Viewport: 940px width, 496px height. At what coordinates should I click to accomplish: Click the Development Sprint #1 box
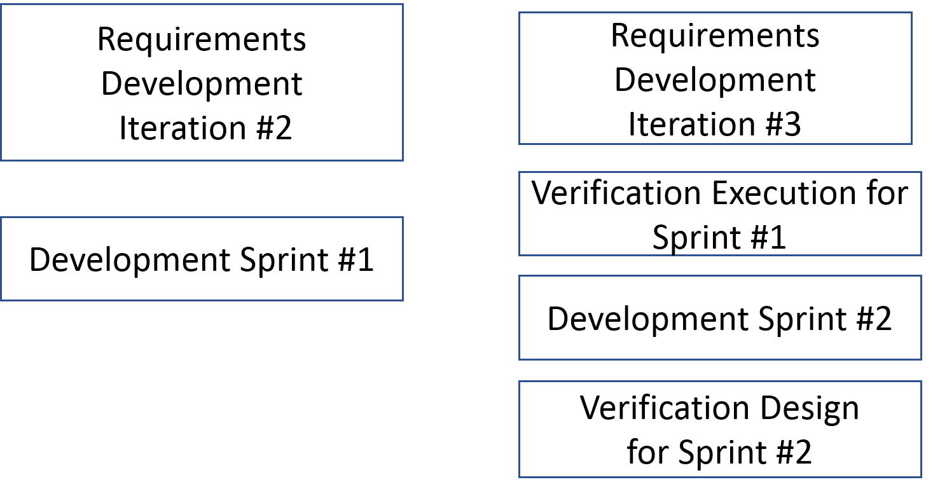(x=202, y=259)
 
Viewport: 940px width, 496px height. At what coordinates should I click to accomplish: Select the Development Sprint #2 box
(x=720, y=318)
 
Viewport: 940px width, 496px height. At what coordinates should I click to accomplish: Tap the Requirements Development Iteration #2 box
(x=202, y=82)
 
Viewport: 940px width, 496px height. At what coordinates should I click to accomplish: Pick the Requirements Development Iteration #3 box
(x=715, y=78)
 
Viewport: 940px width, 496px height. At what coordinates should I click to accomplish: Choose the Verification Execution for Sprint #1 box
(x=720, y=214)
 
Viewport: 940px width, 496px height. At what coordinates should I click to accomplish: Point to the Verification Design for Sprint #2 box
(x=720, y=429)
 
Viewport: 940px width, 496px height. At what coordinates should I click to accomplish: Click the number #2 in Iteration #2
(x=273, y=128)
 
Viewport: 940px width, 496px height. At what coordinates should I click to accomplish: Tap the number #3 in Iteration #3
(x=783, y=124)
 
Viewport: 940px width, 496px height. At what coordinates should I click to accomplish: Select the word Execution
(x=782, y=193)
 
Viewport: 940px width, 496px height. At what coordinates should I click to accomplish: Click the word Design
(x=810, y=409)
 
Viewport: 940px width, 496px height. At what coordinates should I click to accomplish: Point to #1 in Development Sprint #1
(x=356, y=259)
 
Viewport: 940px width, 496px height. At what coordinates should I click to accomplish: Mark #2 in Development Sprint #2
(x=874, y=319)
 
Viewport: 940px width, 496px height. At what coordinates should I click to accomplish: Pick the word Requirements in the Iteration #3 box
(x=715, y=37)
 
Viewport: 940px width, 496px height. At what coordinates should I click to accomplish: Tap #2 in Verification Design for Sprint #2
(x=794, y=452)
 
